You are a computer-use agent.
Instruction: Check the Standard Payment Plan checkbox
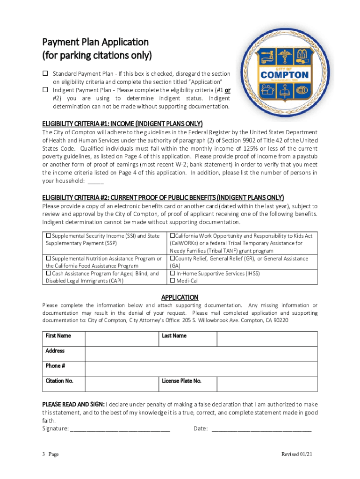tap(45, 73)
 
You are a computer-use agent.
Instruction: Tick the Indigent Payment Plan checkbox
tap(45, 89)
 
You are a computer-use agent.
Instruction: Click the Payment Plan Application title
tap(95, 49)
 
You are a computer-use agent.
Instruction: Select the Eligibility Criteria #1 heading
tap(122, 123)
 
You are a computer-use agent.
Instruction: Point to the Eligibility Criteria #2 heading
tap(163, 197)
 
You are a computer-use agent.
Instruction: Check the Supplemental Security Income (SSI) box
tap(49, 236)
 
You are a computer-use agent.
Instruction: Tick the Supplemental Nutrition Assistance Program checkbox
tap(49, 258)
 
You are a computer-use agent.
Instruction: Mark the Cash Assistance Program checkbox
tap(49, 273)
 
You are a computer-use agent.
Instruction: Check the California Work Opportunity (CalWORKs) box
tap(173, 236)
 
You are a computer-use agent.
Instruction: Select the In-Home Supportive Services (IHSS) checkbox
tap(173, 273)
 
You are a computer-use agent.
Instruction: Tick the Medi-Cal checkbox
tap(173, 281)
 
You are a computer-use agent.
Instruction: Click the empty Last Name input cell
tap(267, 339)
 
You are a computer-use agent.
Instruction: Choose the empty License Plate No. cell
tap(267, 384)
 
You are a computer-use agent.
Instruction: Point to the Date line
tap(261, 428)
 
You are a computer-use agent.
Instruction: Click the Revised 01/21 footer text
tap(299, 455)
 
